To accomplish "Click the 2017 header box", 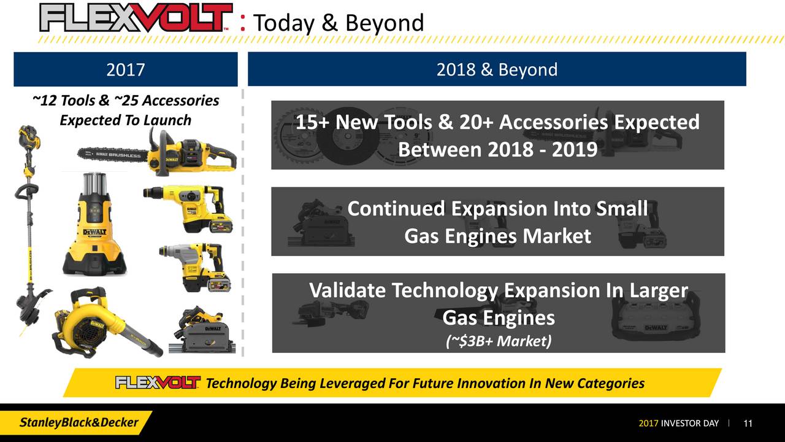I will click(125, 69).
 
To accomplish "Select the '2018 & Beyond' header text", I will click(497, 69).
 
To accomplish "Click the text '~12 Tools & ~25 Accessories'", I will click(125, 100).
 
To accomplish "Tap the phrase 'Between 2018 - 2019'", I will click(497, 149).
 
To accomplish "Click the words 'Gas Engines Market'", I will click(497, 236).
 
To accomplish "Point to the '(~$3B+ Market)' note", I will click(498, 341).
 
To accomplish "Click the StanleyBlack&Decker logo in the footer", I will click(79, 423).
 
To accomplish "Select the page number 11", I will click(748, 424).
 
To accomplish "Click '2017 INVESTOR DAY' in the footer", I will click(678, 424).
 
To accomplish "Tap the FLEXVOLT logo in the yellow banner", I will click(158, 383).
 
